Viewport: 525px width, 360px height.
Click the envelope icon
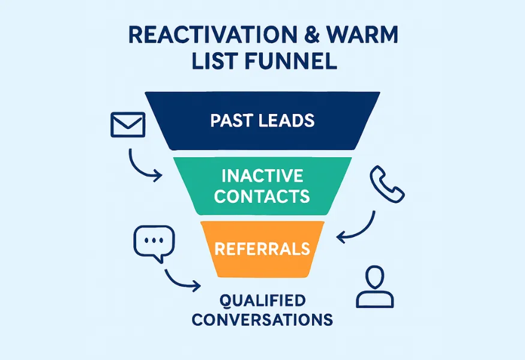128,124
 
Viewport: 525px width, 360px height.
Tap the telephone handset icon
388,184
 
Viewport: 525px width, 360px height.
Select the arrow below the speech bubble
181,280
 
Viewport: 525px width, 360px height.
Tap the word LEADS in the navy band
286,120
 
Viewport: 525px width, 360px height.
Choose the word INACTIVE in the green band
262,176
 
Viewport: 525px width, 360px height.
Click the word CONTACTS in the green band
262,196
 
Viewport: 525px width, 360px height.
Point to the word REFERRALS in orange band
262,248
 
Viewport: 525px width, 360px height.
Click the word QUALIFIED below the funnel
262,299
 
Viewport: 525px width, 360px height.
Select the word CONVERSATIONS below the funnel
262,319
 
